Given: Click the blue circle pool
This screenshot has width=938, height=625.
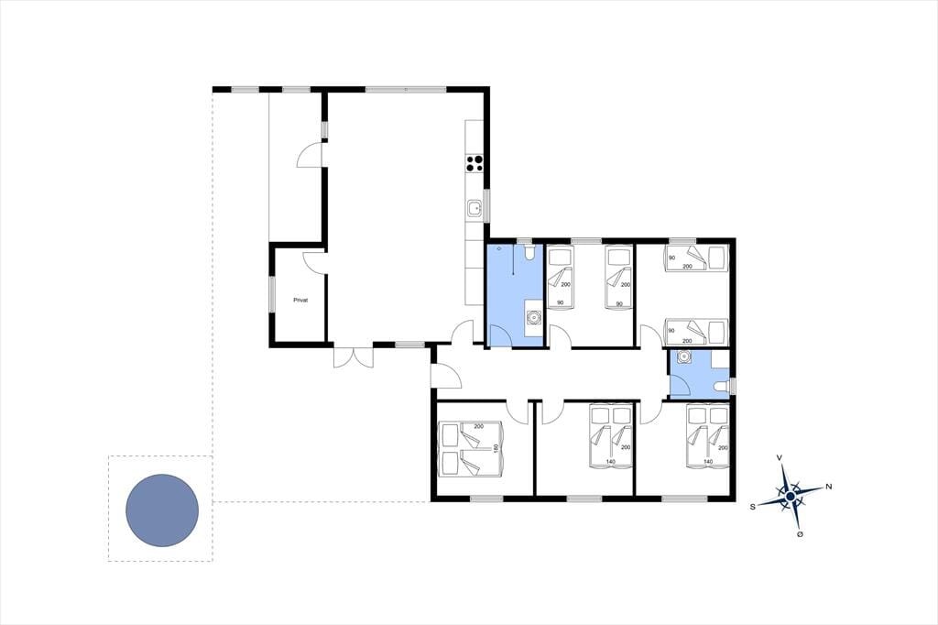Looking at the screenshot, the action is click(x=162, y=510).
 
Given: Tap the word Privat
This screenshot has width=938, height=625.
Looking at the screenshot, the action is click(x=300, y=300).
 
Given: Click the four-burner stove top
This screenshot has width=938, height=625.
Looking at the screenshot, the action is click(x=474, y=163).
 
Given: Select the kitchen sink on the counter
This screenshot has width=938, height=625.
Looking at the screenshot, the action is click(x=474, y=208).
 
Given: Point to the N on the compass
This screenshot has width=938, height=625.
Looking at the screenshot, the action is click(x=828, y=487).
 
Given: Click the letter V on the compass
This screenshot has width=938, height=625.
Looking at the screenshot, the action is click(x=780, y=457).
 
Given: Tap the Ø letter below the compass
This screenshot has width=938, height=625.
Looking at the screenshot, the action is click(x=800, y=534).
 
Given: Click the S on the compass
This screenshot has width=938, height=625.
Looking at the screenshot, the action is click(x=753, y=507).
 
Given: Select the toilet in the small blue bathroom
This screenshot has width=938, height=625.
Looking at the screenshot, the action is click(x=722, y=387).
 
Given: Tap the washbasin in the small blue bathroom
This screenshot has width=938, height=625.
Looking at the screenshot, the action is click(x=683, y=357).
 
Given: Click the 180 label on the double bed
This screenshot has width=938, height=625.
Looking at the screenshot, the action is click(x=496, y=448).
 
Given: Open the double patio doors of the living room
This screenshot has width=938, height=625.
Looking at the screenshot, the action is click(x=354, y=356).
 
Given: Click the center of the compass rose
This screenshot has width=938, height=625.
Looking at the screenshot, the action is click(x=791, y=497).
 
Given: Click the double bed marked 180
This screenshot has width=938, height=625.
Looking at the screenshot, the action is click(x=470, y=449).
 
